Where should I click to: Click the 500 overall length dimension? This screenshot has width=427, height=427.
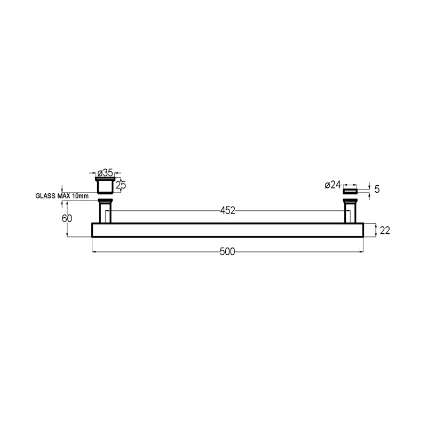click(x=227, y=251)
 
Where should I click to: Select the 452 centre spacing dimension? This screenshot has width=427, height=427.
click(x=227, y=210)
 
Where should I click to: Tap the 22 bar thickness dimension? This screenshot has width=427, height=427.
click(x=385, y=231)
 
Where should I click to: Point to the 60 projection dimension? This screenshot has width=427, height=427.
click(x=67, y=218)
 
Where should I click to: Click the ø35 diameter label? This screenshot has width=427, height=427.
click(x=105, y=172)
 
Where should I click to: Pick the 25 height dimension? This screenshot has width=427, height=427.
click(x=121, y=185)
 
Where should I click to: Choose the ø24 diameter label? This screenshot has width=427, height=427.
click(x=333, y=185)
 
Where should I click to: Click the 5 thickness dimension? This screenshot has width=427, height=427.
click(x=377, y=189)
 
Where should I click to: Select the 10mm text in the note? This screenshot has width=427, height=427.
click(x=81, y=196)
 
